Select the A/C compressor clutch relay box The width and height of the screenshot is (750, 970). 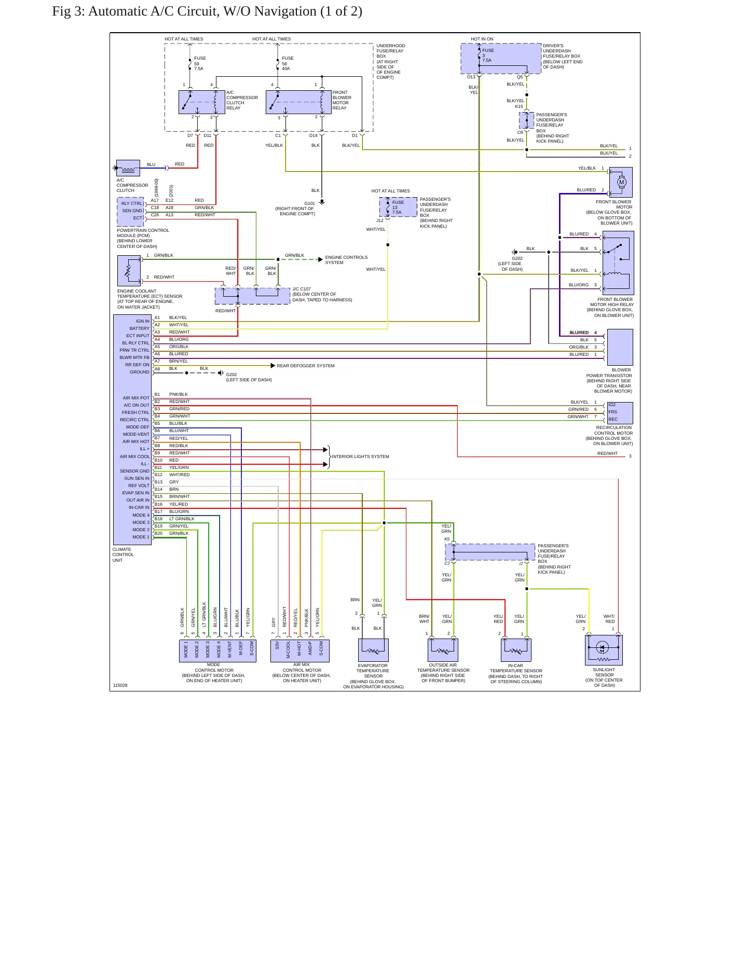(x=202, y=102)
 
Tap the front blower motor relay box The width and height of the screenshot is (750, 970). (x=298, y=102)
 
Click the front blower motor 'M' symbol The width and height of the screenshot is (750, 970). (x=622, y=182)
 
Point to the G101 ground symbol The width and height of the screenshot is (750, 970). (x=322, y=202)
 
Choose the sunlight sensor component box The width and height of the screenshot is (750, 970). (x=604, y=650)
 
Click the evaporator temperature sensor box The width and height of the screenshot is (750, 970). (x=373, y=650)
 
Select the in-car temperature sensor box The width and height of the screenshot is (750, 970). (x=516, y=650)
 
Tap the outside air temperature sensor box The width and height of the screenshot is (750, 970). (x=443, y=650)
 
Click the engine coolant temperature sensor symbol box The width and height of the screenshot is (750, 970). (x=129, y=270)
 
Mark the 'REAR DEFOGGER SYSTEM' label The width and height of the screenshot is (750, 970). (x=306, y=366)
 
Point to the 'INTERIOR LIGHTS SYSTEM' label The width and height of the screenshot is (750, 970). (x=360, y=456)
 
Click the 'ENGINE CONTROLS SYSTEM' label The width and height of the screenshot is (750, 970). (x=346, y=260)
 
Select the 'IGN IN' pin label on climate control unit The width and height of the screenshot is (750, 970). (x=143, y=321)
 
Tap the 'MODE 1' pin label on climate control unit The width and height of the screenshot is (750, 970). (x=141, y=537)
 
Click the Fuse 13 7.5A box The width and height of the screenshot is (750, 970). (x=398, y=207)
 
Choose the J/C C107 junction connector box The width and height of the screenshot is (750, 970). (x=252, y=296)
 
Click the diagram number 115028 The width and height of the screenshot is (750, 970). (x=120, y=685)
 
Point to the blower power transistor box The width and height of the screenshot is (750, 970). (x=620, y=347)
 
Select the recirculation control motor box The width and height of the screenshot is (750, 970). (x=620, y=413)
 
